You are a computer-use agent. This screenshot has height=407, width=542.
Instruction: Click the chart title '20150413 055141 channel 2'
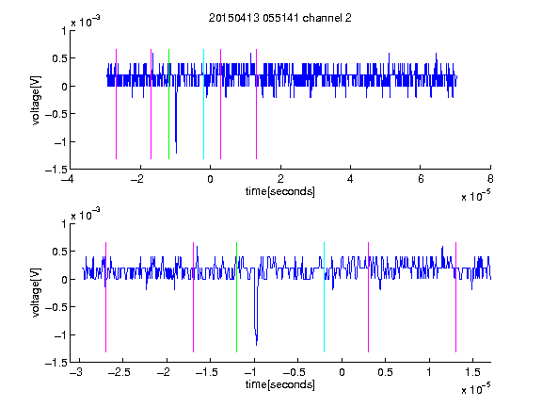tap(280, 18)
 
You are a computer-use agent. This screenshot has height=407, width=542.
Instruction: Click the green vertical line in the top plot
tap(168, 105)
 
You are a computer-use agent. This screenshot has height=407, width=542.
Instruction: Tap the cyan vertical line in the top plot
tap(203, 105)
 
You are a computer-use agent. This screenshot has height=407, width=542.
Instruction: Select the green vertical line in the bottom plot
tap(237, 298)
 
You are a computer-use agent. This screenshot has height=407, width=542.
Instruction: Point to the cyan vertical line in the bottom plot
tap(325, 298)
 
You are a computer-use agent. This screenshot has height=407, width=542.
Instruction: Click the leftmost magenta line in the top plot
tap(116, 105)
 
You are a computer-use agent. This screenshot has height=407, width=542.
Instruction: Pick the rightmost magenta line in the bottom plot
tap(456, 298)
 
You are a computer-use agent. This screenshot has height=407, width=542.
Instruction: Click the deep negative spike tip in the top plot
tap(176, 153)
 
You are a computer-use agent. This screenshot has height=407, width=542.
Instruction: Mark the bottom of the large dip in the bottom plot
tap(257, 345)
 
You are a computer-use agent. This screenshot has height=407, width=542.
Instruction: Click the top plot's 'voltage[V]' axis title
tap(36, 101)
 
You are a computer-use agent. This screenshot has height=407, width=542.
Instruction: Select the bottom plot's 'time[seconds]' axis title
tap(280, 384)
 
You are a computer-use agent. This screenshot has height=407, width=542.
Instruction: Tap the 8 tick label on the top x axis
tap(490, 179)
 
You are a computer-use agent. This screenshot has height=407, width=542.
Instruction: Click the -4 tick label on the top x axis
tap(68, 179)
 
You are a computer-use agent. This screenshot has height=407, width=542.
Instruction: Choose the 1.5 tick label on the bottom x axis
tap(472, 372)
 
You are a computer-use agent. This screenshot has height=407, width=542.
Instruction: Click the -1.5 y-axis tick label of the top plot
tap(56, 170)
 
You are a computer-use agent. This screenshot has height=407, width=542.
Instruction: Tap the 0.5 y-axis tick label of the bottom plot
tap(59, 252)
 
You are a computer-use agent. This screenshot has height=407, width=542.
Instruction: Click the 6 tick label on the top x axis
tap(421, 179)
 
